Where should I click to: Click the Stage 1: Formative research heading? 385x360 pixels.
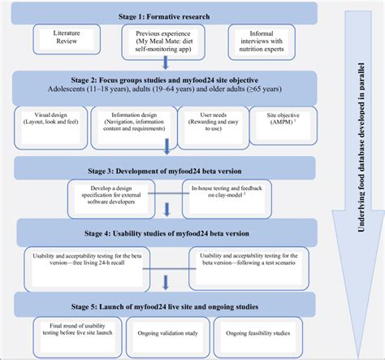tap(166, 14)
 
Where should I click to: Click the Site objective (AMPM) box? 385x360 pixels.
tap(279, 120)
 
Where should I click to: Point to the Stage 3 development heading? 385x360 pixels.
tap(166, 168)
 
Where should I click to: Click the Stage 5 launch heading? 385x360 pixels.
tap(166, 307)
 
